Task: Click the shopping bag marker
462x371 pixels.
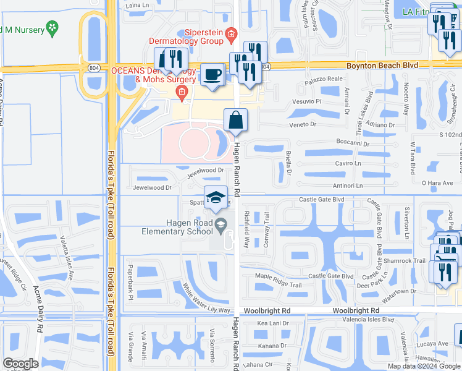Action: click(237, 120)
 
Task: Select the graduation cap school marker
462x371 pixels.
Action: click(215, 198)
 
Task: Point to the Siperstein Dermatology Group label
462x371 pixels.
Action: click(185, 36)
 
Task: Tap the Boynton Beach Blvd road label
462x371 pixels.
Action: click(383, 65)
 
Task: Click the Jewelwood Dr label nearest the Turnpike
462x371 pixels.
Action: click(151, 187)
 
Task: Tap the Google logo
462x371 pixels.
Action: click(20, 364)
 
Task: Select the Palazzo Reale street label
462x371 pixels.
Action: click(327, 79)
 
